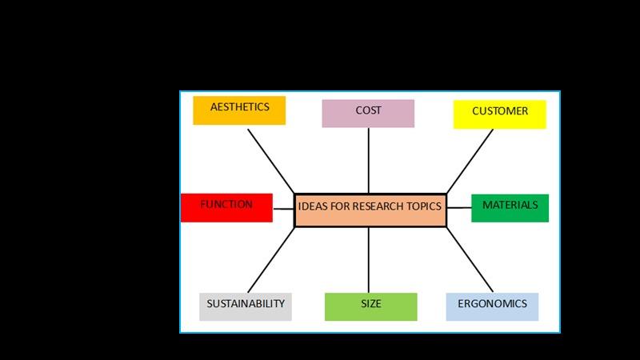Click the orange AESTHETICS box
coord(239,110)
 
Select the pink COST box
coord(368,113)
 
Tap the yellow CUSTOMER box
coord(499,114)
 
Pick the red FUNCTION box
coord(226,207)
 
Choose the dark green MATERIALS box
coord(510,207)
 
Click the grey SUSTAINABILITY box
coord(245,306)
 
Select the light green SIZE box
coord(370,306)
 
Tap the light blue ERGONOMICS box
coord(492,306)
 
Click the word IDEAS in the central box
coord(312,206)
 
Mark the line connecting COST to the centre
coord(369,160)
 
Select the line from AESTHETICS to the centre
coord(270,160)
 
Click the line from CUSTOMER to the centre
coord(470,160)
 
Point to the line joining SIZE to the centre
coord(369,260)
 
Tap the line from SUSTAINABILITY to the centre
coord(270,260)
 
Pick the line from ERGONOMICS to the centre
coord(470,260)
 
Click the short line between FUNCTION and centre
coord(284,209)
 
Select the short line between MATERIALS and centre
coord(458,208)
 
